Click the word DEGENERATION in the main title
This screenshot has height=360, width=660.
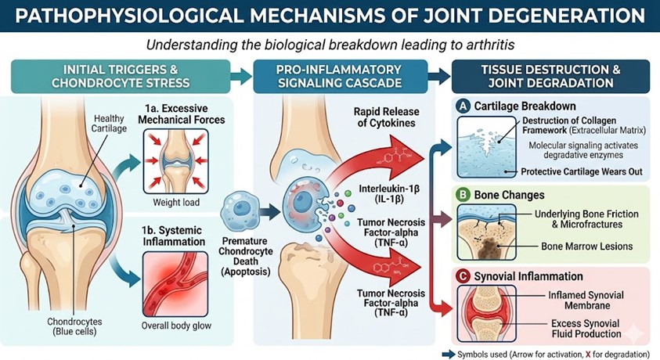[551, 16]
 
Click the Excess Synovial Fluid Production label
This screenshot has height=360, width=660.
[583, 328]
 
